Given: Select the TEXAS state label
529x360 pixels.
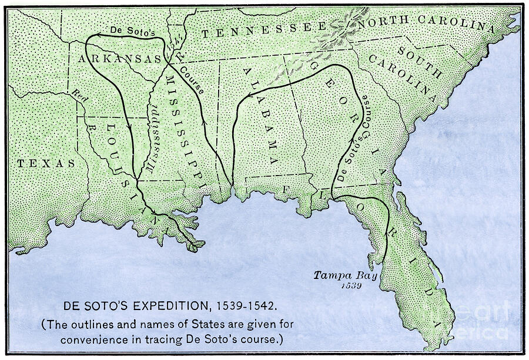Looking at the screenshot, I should [x=45, y=163].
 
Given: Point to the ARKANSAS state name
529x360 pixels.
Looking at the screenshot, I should [x=119, y=59].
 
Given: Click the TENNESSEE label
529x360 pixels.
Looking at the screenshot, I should [x=263, y=30].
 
